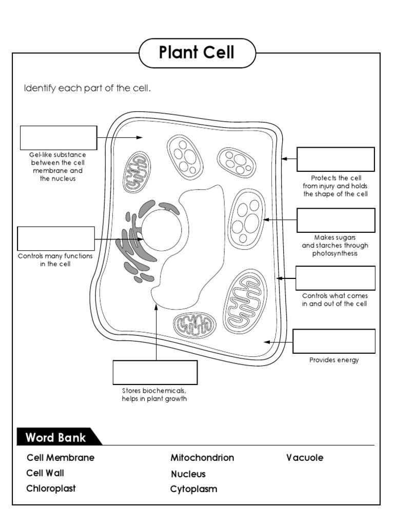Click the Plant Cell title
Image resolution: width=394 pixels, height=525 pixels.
coord(196,53)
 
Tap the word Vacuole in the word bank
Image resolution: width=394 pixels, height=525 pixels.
coord(305,458)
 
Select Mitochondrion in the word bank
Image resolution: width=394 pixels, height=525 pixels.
coord(202,458)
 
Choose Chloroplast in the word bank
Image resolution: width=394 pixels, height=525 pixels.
coord(51,489)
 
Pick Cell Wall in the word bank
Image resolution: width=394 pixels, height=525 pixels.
coord(45,473)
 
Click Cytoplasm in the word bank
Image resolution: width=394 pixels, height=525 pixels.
coord(193,489)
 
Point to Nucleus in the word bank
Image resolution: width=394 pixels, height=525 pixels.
coord(188,474)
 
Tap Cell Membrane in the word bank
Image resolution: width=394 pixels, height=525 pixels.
coord(61,458)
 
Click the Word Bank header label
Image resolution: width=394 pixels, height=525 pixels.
coord(56,438)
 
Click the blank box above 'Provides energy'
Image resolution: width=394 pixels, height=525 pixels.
coord(334,341)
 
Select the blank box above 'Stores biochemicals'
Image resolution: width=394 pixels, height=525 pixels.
coord(155,373)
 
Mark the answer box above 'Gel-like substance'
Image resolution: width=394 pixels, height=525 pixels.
coord(58,138)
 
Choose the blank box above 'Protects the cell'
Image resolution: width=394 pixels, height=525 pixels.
coord(336,159)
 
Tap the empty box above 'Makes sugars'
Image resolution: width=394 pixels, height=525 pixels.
coord(336,220)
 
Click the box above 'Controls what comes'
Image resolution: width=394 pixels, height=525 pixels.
coord(336,278)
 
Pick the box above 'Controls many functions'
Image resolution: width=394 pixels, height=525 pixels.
coord(56,239)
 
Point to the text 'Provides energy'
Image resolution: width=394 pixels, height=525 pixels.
coord(334,360)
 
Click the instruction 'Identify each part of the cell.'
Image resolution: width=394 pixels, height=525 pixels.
coord(88,89)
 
